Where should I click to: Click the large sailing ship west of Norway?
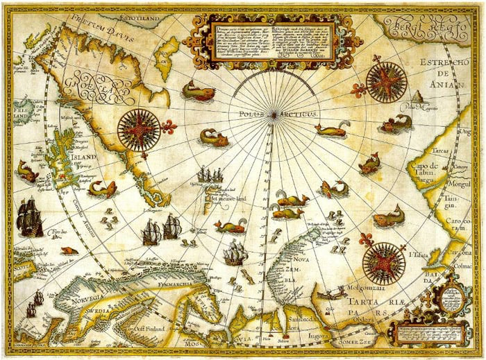coord(29,218)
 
